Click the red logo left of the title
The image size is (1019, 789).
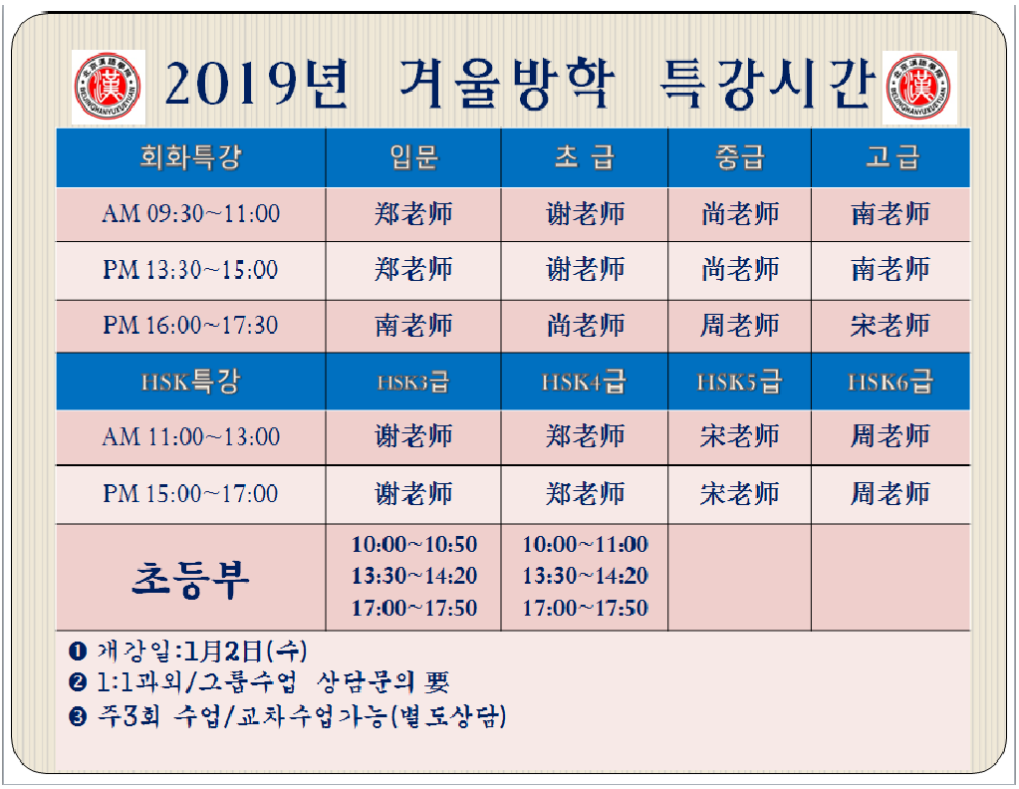click(x=109, y=87)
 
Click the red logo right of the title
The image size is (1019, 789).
click(x=919, y=88)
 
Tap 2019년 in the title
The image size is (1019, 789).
click(x=257, y=84)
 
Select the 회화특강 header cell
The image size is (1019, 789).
click(x=190, y=158)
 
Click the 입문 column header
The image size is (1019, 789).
click(x=414, y=158)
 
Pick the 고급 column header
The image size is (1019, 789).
click(x=892, y=158)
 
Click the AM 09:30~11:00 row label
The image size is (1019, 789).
click(x=190, y=214)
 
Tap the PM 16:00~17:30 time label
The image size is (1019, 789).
click(x=190, y=325)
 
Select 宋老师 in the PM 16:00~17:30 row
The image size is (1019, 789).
click(x=891, y=325)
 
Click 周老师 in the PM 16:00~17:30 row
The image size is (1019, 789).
click(x=739, y=325)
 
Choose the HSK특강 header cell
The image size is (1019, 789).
click(x=190, y=382)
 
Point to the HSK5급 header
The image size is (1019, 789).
click(x=739, y=382)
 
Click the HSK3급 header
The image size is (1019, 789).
click(x=413, y=383)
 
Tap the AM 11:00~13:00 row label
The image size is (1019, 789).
click(x=190, y=436)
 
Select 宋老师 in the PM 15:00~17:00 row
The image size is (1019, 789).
click(x=739, y=494)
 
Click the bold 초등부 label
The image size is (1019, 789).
click(x=190, y=579)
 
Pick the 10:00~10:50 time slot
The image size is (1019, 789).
click(x=414, y=544)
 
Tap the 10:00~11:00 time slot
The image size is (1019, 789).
click(x=585, y=544)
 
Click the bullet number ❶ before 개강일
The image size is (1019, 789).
click(x=78, y=651)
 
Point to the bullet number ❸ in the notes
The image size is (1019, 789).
click(x=78, y=717)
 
